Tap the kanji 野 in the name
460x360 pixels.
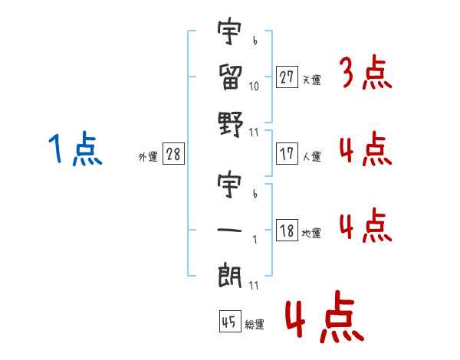[230, 121]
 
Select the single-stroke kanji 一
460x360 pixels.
[230, 229]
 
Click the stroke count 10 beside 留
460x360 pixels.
[255, 87]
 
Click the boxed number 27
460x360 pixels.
[287, 77]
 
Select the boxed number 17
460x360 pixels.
[287, 154]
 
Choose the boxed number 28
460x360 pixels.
[173, 155]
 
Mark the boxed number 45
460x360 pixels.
[229, 322]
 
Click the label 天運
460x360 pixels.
[311, 80]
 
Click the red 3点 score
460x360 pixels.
[366, 75]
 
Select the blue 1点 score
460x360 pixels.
[75, 149]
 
